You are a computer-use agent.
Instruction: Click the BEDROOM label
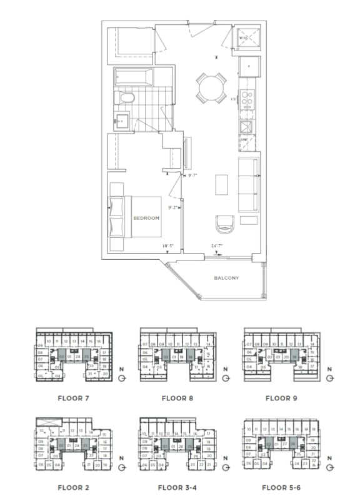point(146,218)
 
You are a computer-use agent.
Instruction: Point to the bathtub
point(133,77)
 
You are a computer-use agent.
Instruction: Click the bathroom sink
point(122,120)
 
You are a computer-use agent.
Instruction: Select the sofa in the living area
point(249,185)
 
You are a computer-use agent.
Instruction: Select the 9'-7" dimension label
point(192,176)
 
